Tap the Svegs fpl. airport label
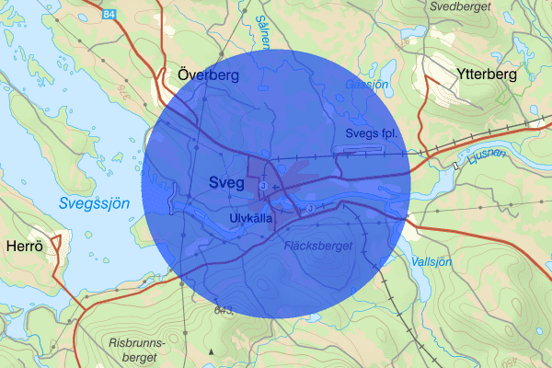click(370, 133)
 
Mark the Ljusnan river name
click(487, 157)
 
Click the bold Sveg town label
click(226, 182)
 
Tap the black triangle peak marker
click(212, 351)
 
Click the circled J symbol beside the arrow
click(263, 187)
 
